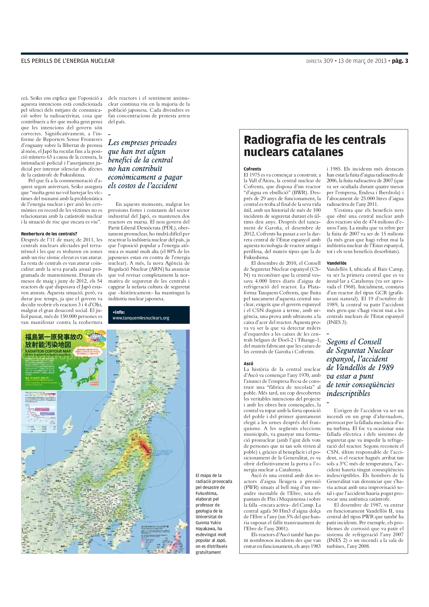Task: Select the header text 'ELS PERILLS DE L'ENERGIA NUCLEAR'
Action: [x=68, y=61]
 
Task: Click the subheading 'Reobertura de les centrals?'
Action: [x=49, y=234]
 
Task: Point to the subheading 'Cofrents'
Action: [x=252, y=169]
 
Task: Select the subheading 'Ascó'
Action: [x=248, y=364]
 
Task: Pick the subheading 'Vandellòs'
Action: [x=336, y=263]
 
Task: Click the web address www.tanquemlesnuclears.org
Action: [x=141, y=318]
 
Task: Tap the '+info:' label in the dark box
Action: [x=118, y=312]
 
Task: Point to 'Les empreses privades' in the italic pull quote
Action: [x=142, y=143]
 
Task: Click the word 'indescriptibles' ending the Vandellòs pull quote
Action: [x=348, y=393]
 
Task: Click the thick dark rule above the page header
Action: [x=214, y=54]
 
